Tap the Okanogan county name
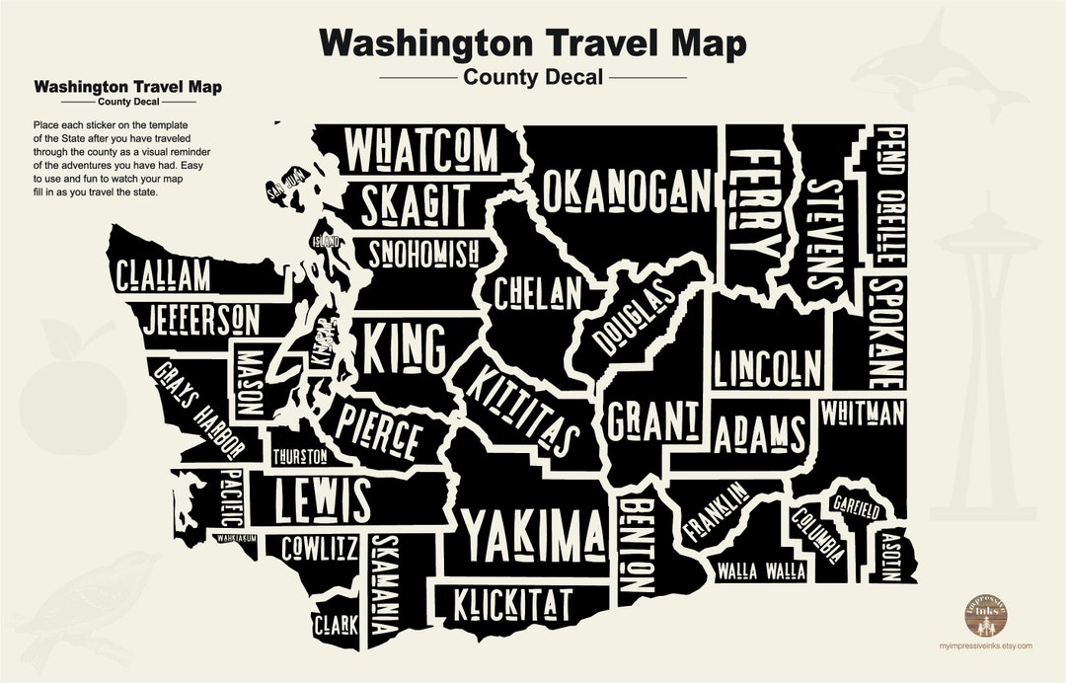[627, 189]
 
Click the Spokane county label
[884, 332]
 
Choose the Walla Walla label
[761, 571]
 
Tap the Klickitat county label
[513, 604]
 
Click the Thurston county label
[300, 457]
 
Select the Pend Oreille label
[890, 194]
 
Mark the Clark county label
[336, 624]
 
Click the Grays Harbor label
[197, 408]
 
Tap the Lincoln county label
[768, 368]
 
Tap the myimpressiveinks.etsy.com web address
[985, 645]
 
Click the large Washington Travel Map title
[533, 44]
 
